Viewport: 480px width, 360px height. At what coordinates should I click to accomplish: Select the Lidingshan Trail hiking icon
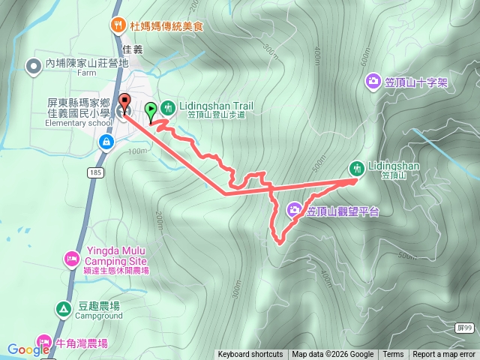[167, 108]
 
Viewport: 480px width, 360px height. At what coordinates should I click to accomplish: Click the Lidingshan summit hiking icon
[356, 167]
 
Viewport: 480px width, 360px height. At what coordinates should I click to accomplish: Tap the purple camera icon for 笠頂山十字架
[373, 81]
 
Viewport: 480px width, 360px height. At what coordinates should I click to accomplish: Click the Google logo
[28, 349]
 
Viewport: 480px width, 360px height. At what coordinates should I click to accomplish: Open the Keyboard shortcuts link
[250, 355]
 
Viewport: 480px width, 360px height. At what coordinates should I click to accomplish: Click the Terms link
[393, 355]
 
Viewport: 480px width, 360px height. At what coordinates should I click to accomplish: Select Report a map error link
[444, 355]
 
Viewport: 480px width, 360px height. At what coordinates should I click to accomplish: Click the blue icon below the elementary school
[106, 141]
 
